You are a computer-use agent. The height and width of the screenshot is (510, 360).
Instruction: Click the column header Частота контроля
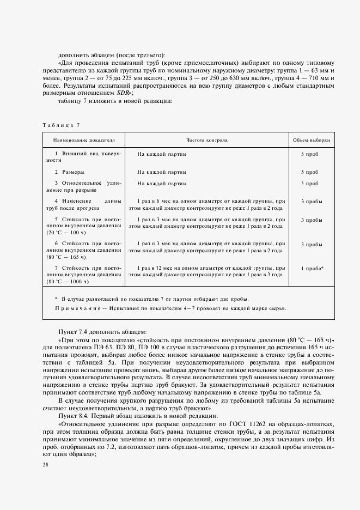point(206,140)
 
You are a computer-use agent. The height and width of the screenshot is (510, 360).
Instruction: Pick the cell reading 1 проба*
point(312,269)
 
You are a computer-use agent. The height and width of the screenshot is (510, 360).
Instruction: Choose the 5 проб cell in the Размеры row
point(310,172)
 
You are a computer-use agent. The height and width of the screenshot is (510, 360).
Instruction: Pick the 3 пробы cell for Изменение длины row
point(312,201)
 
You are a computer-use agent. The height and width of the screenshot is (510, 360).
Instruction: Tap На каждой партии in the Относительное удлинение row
point(162,184)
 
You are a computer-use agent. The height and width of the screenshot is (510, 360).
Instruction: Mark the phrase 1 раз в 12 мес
point(158,269)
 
